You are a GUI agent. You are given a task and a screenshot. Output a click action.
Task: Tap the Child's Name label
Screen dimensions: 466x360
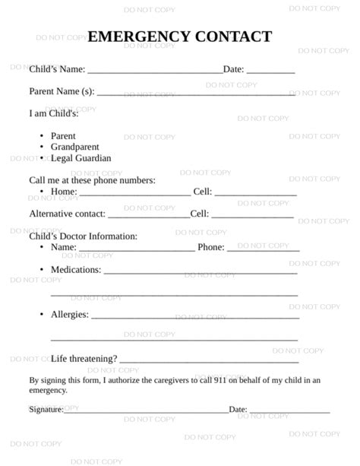click(57, 69)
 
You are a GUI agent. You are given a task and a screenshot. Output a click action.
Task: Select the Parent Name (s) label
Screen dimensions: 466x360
click(62, 91)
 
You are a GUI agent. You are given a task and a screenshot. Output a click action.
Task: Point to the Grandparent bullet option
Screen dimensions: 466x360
click(74, 147)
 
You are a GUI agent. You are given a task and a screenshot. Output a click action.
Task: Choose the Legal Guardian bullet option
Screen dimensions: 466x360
click(81, 158)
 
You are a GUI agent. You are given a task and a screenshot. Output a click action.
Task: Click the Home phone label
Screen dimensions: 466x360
click(63, 192)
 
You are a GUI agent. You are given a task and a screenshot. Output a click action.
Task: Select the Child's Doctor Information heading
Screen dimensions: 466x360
click(83, 236)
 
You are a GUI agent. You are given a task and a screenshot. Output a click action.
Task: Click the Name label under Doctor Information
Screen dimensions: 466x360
click(63, 248)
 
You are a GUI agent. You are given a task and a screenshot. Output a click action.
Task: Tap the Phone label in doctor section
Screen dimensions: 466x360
click(211, 248)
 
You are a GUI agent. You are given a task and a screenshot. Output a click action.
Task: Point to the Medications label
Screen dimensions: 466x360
click(75, 270)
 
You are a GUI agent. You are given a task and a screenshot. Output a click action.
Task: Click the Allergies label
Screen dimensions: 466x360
click(69, 314)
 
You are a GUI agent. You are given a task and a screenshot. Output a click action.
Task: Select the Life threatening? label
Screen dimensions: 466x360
click(84, 359)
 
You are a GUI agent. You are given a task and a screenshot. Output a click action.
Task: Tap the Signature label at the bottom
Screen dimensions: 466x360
click(46, 409)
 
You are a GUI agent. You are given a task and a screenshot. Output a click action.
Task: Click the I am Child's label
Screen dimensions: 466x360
click(53, 114)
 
